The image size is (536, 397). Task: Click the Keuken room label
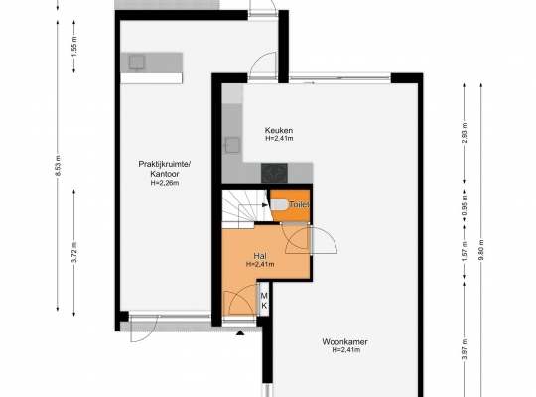(279, 130)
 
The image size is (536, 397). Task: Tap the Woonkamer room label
(344, 342)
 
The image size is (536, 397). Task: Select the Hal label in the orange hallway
(260, 256)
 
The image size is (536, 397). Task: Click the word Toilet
(299, 204)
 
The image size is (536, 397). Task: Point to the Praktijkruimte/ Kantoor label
(165, 169)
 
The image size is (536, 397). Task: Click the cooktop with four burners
(275, 173)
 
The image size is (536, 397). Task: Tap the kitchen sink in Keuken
(232, 145)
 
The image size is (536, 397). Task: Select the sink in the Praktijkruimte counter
(137, 63)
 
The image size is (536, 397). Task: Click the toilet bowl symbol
(279, 205)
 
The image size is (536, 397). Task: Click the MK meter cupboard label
(264, 301)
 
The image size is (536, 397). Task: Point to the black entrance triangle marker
(240, 332)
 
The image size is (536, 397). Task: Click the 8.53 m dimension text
(58, 166)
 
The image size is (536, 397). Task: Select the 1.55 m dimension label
(74, 47)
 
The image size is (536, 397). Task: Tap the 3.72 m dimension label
(74, 252)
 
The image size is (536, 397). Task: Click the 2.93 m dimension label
(465, 133)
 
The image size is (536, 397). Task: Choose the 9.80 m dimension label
(481, 250)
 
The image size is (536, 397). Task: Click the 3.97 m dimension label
(465, 349)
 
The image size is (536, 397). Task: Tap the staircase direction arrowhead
(265, 205)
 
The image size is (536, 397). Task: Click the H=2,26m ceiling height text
(165, 183)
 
